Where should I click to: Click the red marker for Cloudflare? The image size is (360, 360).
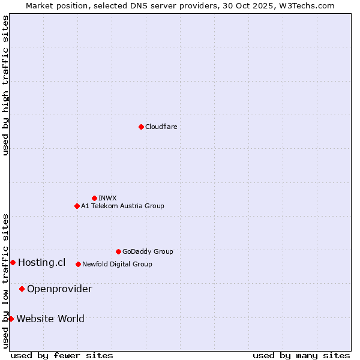pyautogui.click(x=141, y=127)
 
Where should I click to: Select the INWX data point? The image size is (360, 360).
pyautogui.click(x=94, y=198)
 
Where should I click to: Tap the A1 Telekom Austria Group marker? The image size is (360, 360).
pyautogui.click(x=77, y=206)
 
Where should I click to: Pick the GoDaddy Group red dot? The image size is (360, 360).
pyautogui.click(x=118, y=251)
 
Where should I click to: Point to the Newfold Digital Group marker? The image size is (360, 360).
pyautogui.click(x=78, y=264)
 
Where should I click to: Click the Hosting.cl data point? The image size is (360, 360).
pyautogui.click(x=13, y=262)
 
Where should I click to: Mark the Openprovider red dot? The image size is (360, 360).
pyautogui.click(x=22, y=289)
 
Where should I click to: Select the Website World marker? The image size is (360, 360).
pyautogui.click(x=11, y=319)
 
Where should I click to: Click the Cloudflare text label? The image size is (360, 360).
pyautogui.click(x=161, y=127)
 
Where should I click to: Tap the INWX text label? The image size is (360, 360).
pyautogui.click(x=107, y=198)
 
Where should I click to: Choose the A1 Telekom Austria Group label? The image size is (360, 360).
pyautogui.click(x=122, y=206)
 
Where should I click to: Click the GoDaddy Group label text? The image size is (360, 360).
pyautogui.click(x=148, y=251)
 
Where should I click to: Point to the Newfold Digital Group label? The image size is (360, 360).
pyautogui.click(x=117, y=264)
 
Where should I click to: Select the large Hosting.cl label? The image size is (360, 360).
pyautogui.click(x=41, y=262)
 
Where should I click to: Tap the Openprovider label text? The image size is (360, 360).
pyautogui.click(x=59, y=289)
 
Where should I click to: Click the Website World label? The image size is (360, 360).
pyautogui.click(x=50, y=319)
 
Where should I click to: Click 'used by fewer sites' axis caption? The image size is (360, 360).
pyautogui.click(x=62, y=355)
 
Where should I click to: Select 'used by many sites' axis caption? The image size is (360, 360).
pyautogui.click(x=301, y=355)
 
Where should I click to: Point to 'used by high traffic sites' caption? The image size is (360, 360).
pyautogui.click(x=5, y=85)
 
